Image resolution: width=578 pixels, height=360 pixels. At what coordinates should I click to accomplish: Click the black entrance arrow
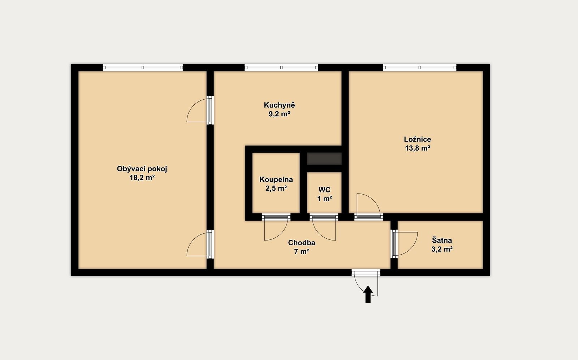click(368, 294)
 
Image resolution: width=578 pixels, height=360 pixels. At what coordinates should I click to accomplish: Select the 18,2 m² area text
click(142, 178)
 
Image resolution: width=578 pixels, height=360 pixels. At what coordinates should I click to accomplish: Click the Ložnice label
click(417, 139)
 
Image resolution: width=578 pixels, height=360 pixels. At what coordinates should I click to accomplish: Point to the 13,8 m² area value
click(417, 148)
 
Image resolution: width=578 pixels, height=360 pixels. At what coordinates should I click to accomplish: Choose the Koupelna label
click(276, 179)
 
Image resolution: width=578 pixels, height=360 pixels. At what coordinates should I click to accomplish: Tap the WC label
click(324, 190)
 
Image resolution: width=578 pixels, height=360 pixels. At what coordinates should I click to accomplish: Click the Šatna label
click(442, 240)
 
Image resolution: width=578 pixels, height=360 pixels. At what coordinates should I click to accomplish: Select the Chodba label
click(301, 243)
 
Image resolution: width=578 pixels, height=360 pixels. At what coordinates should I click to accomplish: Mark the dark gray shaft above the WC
click(324, 159)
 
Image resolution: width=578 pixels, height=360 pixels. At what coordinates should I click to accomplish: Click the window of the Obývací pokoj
click(143, 68)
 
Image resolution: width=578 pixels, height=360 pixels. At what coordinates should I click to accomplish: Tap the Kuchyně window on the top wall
click(281, 68)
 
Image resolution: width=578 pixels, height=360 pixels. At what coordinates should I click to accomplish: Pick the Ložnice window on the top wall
click(419, 68)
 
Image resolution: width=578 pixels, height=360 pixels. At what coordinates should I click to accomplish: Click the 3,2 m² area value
click(442, 249)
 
